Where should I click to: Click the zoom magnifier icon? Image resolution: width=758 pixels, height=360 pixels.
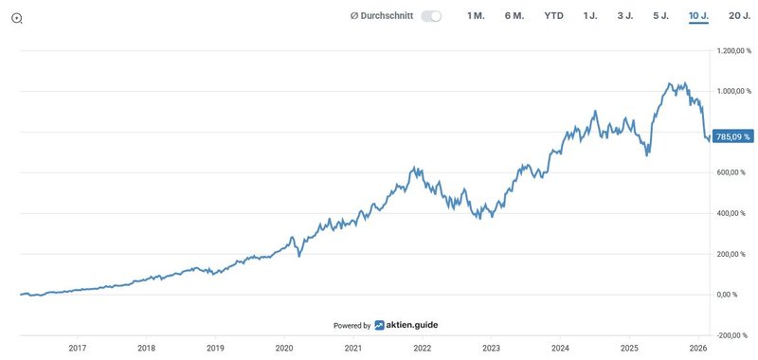tap(17, 18)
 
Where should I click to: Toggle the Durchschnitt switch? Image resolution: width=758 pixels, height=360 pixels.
tap(431, 16)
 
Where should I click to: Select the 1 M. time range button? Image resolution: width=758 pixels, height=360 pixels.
tap(476, 16)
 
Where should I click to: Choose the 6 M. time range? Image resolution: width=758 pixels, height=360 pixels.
tap(514, 16)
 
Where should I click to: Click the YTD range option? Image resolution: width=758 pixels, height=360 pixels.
tap(553, 16)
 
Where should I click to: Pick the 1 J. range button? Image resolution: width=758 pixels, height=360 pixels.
tap(590, 16)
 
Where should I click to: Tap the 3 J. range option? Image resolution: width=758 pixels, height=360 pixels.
tap(625, 16)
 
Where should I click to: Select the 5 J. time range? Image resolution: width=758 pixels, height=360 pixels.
tap(660, 16)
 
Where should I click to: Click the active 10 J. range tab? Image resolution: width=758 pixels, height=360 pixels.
tap(699, 16)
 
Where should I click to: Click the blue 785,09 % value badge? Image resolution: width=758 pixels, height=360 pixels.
tap(733, 136)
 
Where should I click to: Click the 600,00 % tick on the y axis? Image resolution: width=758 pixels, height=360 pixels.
tap(736, 172)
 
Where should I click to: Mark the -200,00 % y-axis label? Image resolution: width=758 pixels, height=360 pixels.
tap(735, 335)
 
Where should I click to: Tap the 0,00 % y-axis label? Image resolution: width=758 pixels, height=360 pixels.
tap(740, 295)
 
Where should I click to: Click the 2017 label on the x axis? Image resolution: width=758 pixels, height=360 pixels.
tap(77, 349)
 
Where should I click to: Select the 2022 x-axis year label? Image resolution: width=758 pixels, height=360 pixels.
tap(423, 349)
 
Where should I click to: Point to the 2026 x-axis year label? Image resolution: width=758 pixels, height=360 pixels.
tap(698, 349)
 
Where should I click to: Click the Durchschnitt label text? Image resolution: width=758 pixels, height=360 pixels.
tap(382, 16)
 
